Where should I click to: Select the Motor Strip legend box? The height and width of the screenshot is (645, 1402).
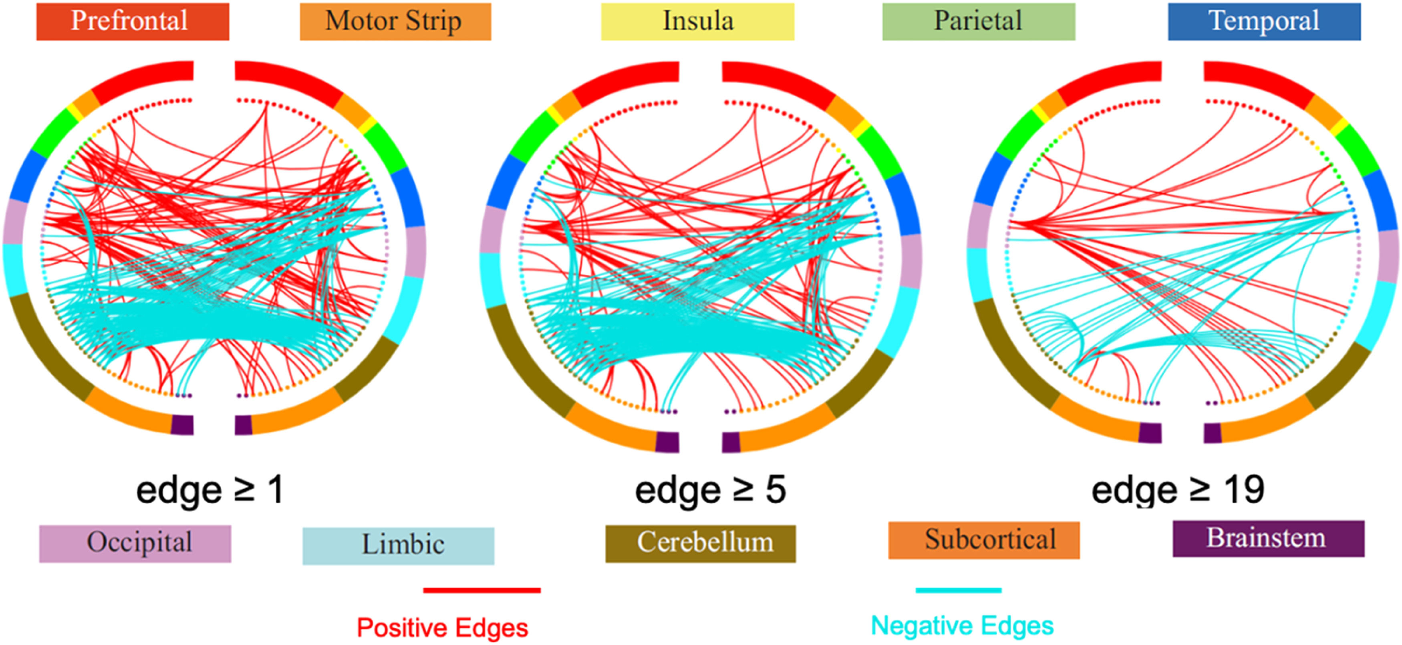395,21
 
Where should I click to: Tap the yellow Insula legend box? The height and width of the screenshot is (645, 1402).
697,21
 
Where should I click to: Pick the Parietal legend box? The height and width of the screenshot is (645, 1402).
979,21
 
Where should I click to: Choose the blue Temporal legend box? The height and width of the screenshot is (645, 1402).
1264,21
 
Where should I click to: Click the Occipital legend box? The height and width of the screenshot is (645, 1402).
135,543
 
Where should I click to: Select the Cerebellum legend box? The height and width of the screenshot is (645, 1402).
701,543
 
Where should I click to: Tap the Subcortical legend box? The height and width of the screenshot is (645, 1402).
983,540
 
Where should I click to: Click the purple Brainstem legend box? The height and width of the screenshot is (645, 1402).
1268,538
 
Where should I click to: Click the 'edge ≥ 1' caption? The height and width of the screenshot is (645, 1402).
209,490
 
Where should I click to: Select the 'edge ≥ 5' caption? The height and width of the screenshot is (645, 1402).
710,490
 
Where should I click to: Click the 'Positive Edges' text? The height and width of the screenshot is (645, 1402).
442,628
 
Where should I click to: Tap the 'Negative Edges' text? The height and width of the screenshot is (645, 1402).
962,625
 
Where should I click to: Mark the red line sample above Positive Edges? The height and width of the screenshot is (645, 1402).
481,590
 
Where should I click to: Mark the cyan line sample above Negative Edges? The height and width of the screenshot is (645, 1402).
959,590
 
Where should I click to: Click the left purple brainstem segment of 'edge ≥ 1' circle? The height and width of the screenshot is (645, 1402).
182,425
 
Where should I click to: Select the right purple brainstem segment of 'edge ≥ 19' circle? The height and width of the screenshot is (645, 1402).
1212,433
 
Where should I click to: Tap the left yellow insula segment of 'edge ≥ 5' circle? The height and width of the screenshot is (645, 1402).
555,114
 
